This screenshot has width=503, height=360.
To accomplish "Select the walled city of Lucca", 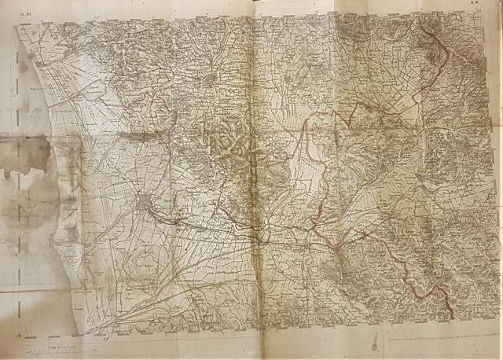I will pyautogui.click(x=208, y=79).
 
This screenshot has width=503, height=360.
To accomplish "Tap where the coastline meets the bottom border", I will pyautogui.click(x=79, y=331).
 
